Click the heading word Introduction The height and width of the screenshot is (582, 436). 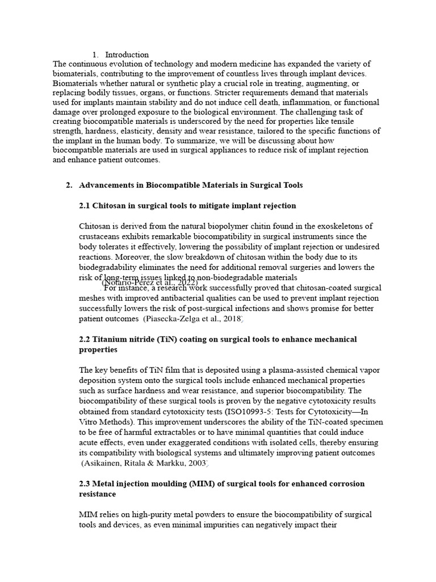127,55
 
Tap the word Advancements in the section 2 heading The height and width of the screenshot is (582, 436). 106,185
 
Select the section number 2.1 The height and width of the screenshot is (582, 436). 85,205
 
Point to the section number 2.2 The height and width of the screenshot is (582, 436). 85,339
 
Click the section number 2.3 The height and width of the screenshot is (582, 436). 85,484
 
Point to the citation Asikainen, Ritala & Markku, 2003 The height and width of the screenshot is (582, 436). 145,464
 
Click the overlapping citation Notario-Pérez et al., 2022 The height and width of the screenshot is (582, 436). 149,282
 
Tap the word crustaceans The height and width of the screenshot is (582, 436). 102,236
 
